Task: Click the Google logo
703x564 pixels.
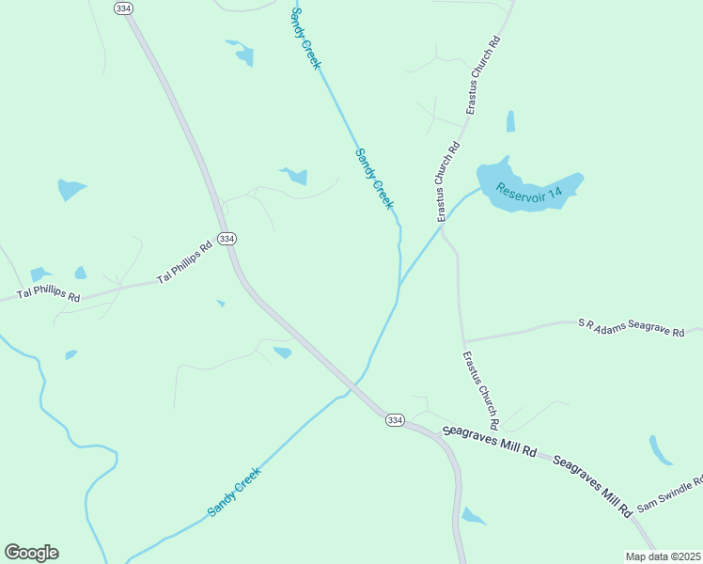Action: (31, 553)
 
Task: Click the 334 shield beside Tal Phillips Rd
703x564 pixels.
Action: (227, 239)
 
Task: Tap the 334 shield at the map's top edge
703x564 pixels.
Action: (122, 8)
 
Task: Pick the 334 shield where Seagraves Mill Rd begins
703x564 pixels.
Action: (395, 420)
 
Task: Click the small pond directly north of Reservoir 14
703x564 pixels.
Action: (510, 121)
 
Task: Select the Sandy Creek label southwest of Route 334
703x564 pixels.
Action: (233, 492)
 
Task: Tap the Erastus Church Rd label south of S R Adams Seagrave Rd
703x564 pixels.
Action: (480, 390)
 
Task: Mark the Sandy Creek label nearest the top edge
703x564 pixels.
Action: (306, 38)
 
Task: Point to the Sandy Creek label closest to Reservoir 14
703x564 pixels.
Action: (374, 179)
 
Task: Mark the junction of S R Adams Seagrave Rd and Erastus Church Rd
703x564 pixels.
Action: (463, 342)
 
